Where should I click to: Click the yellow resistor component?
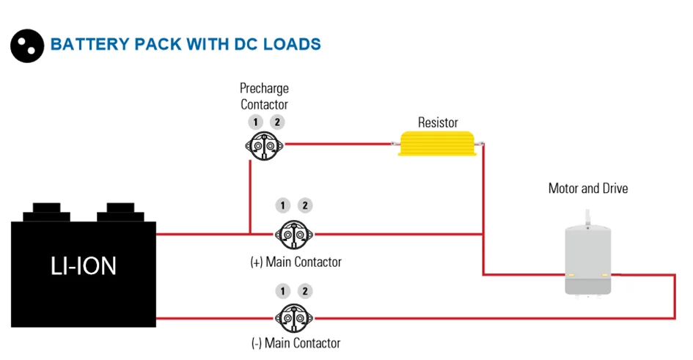(x=438, y=144)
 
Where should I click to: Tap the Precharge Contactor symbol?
(x=264, y=144)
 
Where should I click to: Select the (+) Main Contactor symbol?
(x=294, y=234)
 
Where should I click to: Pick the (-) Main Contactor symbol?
(x=294, y=317)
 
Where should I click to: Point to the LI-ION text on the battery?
(x=84, y=265)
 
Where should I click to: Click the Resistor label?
(x=438, y=122)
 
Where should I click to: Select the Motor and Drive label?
(x=588, y=188)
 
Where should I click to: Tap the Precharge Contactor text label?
(x=264, y=97)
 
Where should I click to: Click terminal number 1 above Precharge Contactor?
(x=254, y=122)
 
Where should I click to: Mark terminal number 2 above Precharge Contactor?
(x=276, y=122)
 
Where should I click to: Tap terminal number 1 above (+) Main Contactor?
(x=283, y=206)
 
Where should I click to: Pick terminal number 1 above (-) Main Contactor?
(x=283, y=291)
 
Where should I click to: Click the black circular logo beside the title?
(x=27, y=44)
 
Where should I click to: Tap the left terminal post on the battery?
(x=45, y=211)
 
